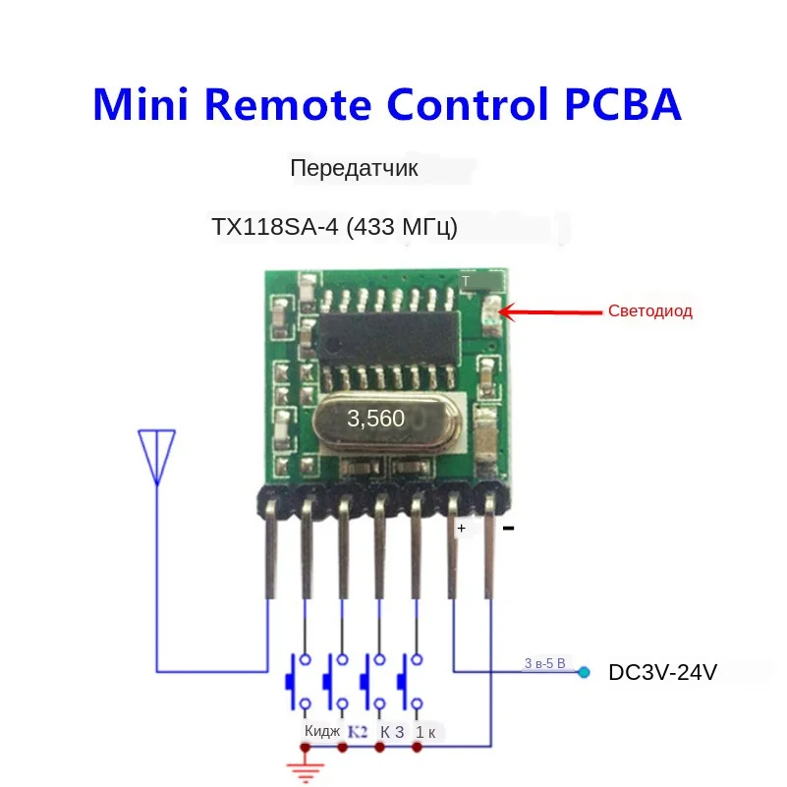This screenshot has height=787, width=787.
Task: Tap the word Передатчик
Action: tap(354, 169)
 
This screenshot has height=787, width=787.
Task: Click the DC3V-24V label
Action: tap(663, 673)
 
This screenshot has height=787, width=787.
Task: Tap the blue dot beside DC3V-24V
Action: tap(585, 673)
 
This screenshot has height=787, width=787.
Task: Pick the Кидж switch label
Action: tap(322, 731)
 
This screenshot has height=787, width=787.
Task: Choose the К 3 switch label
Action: tap(392, 731)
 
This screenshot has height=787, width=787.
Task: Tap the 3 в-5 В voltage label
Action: tap(544, 663)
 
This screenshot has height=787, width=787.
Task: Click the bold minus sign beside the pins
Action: tap(509, 529)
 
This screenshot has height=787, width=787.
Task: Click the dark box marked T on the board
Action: tap(478, 282)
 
